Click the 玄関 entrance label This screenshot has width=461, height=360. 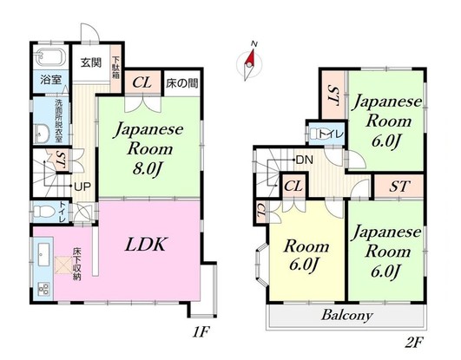(91, 62)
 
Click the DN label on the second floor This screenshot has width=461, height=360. (306, 160)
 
